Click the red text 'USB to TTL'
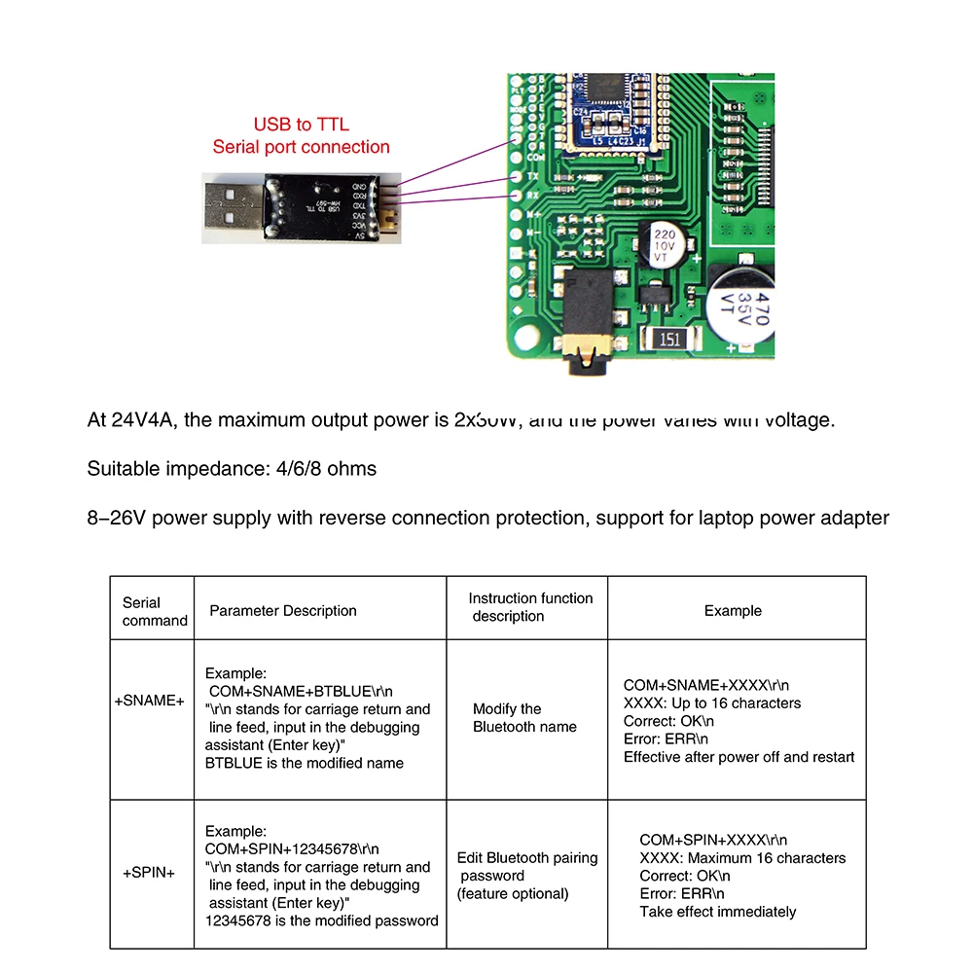(x=301, y=125)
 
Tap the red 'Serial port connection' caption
(x=301, y=147)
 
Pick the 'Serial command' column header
(x=153, y=611)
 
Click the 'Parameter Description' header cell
(x=283, y=611)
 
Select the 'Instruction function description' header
(x=529, y=607)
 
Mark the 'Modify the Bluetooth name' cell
(x=524, y=718)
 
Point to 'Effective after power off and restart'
(x=739, y=757)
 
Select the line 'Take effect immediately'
(x=717, y=912)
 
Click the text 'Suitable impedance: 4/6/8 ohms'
(x=232, y=469)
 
